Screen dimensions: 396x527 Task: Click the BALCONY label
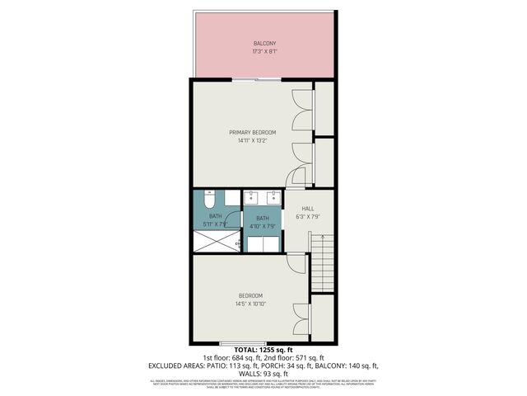tap(264, 43)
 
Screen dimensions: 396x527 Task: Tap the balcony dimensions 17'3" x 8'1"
tap(264, 52)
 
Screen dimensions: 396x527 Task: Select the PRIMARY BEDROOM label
tap(252, 132)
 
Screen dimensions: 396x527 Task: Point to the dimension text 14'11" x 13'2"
tap(252, 141)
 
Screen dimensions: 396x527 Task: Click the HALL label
tap(307, 209)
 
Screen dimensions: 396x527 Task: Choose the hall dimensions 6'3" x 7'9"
tap(307, 217)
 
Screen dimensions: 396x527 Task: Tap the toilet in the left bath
tap(209, 200)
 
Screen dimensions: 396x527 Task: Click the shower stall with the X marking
tap(215, 241)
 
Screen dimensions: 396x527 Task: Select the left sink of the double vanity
tap(253, 198)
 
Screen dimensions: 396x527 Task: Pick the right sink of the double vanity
tap(272, 198)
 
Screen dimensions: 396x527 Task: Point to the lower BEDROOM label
tap(250, 296)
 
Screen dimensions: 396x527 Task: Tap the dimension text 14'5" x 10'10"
tap(250, 304)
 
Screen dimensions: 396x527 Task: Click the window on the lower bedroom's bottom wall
tap(243, 342)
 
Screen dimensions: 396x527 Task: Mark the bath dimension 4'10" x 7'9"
tap(262, 224)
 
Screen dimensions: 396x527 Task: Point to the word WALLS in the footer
tap(233, 372)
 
